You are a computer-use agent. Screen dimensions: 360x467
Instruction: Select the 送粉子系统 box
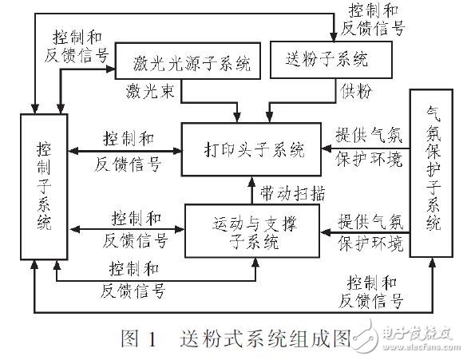(331, 59)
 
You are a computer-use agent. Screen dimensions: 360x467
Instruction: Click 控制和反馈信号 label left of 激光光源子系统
(77, 46)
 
